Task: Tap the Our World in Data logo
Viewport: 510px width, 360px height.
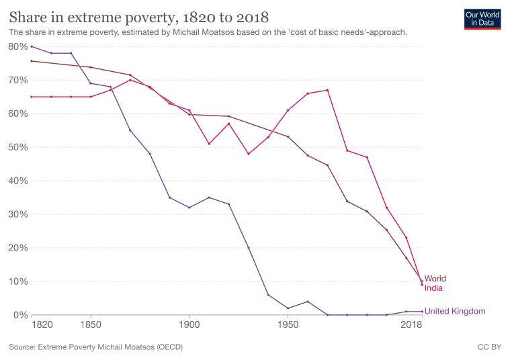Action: click(483, 18)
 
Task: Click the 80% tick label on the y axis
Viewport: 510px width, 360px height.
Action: click(17, 46)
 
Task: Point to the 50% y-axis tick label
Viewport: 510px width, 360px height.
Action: click(17, 147)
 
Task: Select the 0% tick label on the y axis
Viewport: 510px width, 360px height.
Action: click(20, 315)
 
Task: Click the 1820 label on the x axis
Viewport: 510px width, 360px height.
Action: click(40, 325)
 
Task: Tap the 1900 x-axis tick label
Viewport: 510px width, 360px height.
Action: click(189, 325)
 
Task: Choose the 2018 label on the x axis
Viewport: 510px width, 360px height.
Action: click(412, 325)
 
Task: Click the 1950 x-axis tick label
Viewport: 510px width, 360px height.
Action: click(288, 325)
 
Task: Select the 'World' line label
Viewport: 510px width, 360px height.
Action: click(435, 279)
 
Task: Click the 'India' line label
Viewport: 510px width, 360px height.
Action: click(433, 288)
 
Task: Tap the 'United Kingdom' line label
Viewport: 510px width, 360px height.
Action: click(454, 311)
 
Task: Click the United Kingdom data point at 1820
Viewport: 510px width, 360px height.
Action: click(31, 46)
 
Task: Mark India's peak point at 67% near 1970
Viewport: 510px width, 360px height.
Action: click(327, 90)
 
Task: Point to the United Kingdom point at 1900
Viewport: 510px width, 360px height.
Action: click(189, 208)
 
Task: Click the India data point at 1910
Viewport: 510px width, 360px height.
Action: click(209, 144)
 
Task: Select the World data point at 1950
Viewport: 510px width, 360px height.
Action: click(288, 137)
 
